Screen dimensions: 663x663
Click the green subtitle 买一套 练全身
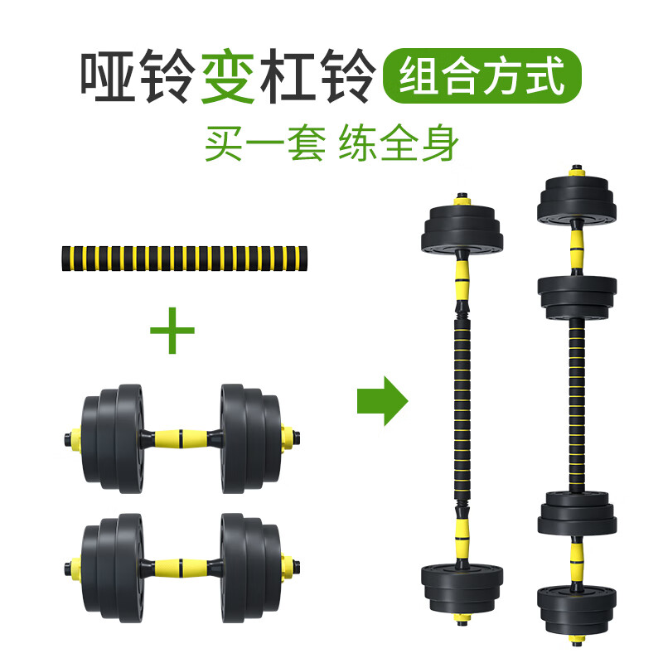click(x=331, y=142)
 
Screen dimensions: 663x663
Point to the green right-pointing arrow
click(x=382, y=401)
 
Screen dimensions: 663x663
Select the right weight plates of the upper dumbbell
click(x=247, y=433)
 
